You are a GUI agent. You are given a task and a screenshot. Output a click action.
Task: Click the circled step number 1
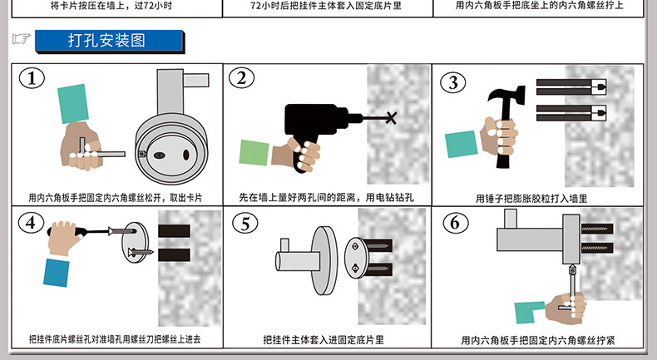click(32, 78)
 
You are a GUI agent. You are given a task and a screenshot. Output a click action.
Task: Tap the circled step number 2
click(241, 77)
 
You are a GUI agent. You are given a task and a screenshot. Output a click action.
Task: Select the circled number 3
click(453, 82)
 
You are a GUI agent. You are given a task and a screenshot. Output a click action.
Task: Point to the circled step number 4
click(31, 222)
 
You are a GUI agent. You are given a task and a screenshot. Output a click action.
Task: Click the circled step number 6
click(455, 223)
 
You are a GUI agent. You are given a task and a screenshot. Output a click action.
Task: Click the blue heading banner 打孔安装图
click(109, 41)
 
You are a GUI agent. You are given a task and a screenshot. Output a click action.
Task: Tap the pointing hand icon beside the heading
click(22, 39)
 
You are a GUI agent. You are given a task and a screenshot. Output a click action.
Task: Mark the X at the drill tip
click(391, 118)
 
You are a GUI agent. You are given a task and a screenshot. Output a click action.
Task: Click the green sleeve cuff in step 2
click(254, 152)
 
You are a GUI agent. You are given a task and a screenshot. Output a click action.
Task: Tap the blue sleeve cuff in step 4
click(57, 273)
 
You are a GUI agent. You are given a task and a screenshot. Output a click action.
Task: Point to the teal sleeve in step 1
click(73, 104)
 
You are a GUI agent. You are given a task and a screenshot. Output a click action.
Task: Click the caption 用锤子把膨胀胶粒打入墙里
click(531, 199)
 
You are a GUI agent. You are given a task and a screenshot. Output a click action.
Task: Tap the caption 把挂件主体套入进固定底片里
click(324, 339)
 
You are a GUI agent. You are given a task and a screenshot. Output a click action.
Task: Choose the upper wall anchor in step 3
click(571, 86)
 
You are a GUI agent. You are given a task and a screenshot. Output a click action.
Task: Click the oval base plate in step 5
click(356, 258)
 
